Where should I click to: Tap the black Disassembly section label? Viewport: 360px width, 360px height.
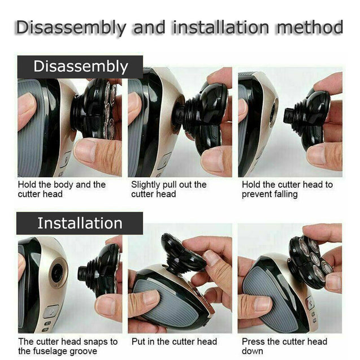[80, 66]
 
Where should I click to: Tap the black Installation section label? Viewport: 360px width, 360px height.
[80, 223]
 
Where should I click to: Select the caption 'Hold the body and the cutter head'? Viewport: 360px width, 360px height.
[62, 189]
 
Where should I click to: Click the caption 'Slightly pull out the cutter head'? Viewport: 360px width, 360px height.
[169, 189]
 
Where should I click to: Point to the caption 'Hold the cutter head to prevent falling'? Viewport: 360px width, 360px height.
[287, 189]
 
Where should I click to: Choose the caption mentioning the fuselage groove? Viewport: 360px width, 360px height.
[67, 346]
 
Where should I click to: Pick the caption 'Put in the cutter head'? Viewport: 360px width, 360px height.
[174, 342]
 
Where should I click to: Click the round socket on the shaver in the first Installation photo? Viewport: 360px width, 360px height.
[57, 274]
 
